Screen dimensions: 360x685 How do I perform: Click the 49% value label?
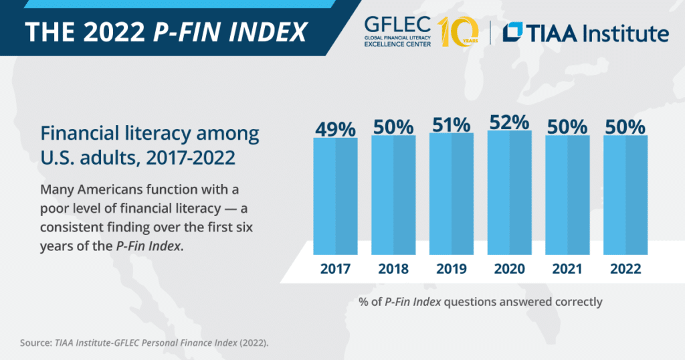[336, 129]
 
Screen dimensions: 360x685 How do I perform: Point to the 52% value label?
[509, 122]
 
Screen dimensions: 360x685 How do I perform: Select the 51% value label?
[452, 125]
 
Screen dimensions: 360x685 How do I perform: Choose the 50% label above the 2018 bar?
[393, 127]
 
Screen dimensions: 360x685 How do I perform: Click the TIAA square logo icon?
[514, 32]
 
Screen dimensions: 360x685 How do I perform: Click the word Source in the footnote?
[35, 343]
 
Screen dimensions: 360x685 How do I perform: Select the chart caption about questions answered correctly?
[480, 302]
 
